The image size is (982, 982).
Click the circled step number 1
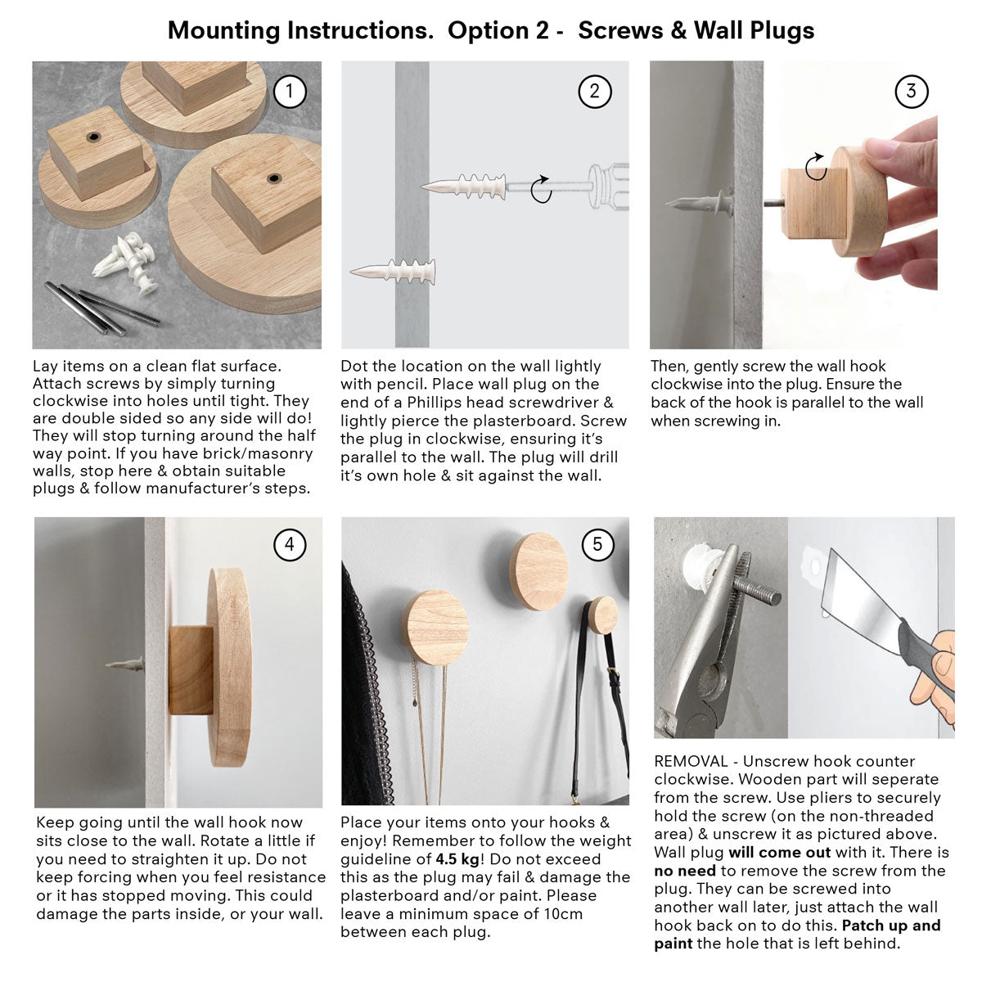point(288,92)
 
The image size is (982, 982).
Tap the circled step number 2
point(594,92)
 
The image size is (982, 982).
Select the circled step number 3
point(911,92)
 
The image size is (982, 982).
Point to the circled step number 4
point(290,544)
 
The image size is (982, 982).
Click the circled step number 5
point(597,544)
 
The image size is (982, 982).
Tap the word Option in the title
point(488,31)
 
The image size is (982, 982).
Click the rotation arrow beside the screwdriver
point(541,189)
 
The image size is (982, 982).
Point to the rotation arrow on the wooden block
point(815,169)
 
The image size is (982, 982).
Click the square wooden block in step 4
point(191,670)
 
